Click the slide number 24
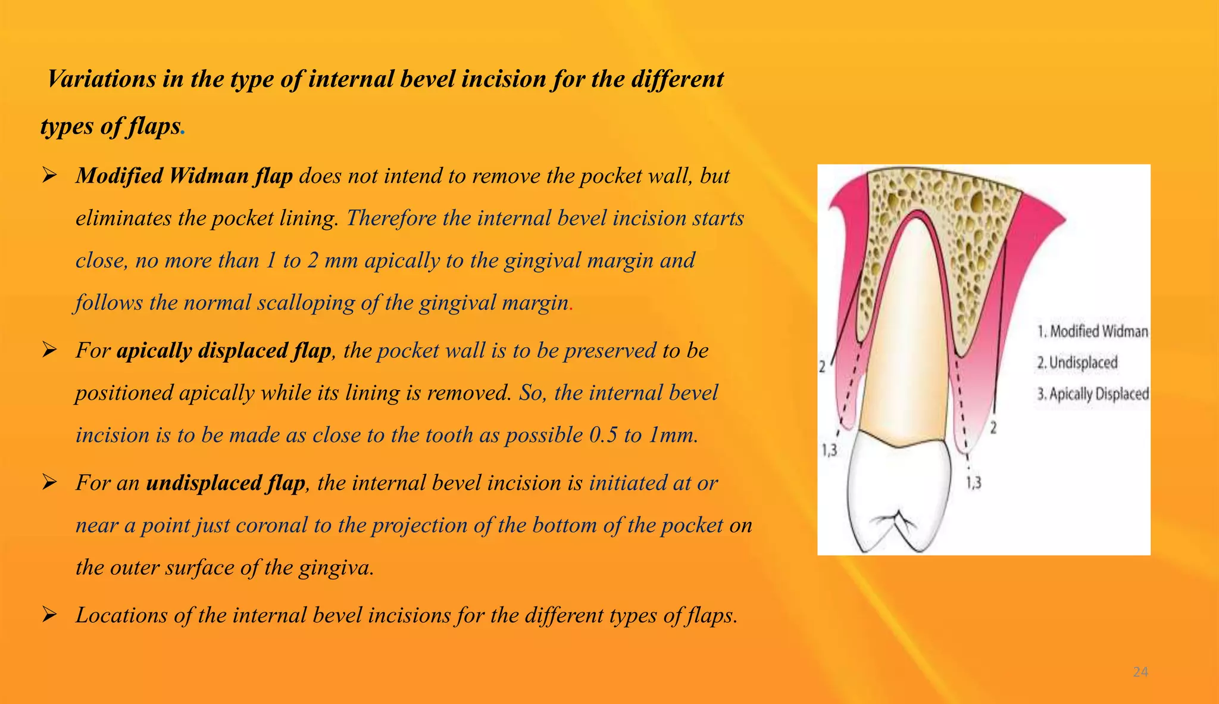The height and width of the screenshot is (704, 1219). (x=1140, y=672)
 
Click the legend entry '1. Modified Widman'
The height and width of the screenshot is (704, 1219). (x=1093, y=331)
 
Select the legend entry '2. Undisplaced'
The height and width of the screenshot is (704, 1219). (x=1077, y=362)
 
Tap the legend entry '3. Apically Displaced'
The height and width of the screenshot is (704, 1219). (x=1093, y=394)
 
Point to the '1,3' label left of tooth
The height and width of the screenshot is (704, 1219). (x=829, y=450)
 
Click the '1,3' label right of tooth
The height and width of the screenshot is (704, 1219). (x=973, y=482)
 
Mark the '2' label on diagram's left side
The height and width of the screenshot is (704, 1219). (x=822, y=366)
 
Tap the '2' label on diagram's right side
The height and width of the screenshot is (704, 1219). (x=993, y=426)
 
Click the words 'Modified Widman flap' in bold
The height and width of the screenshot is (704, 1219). (x=184, y=176)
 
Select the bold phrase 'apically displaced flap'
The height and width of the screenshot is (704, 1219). (x=224, y=350)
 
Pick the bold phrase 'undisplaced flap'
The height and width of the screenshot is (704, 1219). (x=226, y=482)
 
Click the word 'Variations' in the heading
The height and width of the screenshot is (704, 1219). (x=101, y=79)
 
